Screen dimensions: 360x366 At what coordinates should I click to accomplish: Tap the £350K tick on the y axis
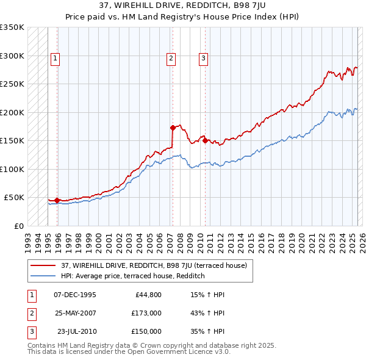point(12,27)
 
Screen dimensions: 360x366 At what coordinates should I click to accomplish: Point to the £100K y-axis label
point(12,169)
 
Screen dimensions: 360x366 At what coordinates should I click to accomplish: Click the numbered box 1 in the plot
point(55,59)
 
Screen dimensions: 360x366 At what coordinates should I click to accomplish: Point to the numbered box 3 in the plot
point(203,59)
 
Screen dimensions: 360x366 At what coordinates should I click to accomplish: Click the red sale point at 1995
point(57,200)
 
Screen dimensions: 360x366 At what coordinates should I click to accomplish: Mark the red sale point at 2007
point(173,128)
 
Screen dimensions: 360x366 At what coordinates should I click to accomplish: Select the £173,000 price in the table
point(146,313)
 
